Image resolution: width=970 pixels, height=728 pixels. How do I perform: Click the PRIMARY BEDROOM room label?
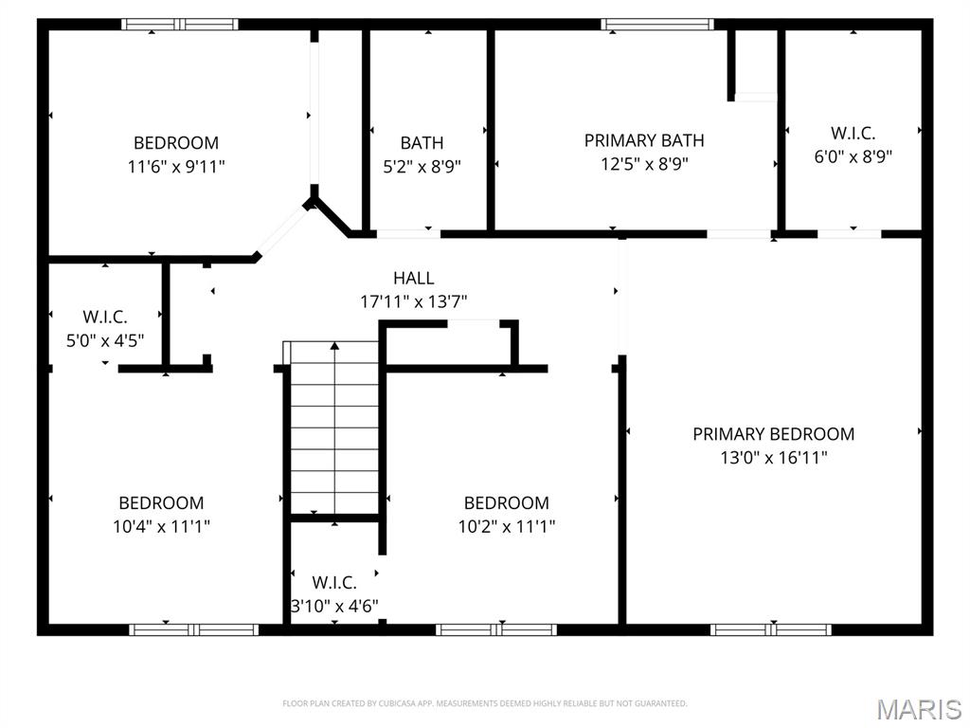click(773, 434)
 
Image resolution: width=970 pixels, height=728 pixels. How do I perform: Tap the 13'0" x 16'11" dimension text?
click(773, 458)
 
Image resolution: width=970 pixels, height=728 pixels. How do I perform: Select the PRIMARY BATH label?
click(644, 140)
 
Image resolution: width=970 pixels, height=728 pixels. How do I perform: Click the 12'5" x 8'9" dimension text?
click(644, 163)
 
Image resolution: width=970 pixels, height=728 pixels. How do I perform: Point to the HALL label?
click(414, 278)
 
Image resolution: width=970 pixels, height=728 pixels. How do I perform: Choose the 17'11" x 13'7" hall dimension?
click(414, 301)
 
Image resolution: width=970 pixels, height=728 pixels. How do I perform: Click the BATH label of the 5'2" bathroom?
click(422, 143)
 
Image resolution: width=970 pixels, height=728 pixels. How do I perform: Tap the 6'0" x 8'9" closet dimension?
click(853, 156)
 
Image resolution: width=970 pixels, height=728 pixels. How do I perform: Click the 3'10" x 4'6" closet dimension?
click(334, 605)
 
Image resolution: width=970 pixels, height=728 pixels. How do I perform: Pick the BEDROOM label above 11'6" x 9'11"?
click(175, 143)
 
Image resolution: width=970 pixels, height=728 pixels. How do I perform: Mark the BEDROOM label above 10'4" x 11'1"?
click(161, 503)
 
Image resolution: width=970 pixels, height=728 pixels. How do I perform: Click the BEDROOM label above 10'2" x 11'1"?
click(506, 503)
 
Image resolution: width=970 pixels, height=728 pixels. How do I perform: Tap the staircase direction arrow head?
click(334, 347)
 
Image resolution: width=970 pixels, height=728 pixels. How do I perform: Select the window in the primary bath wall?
click(657, 25)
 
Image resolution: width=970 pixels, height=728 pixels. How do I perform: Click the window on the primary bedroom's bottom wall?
click(771, 628)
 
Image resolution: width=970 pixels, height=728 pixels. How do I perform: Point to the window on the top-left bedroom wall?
click(180, 25)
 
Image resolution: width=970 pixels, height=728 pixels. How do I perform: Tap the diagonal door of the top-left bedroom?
click(283, 231)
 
